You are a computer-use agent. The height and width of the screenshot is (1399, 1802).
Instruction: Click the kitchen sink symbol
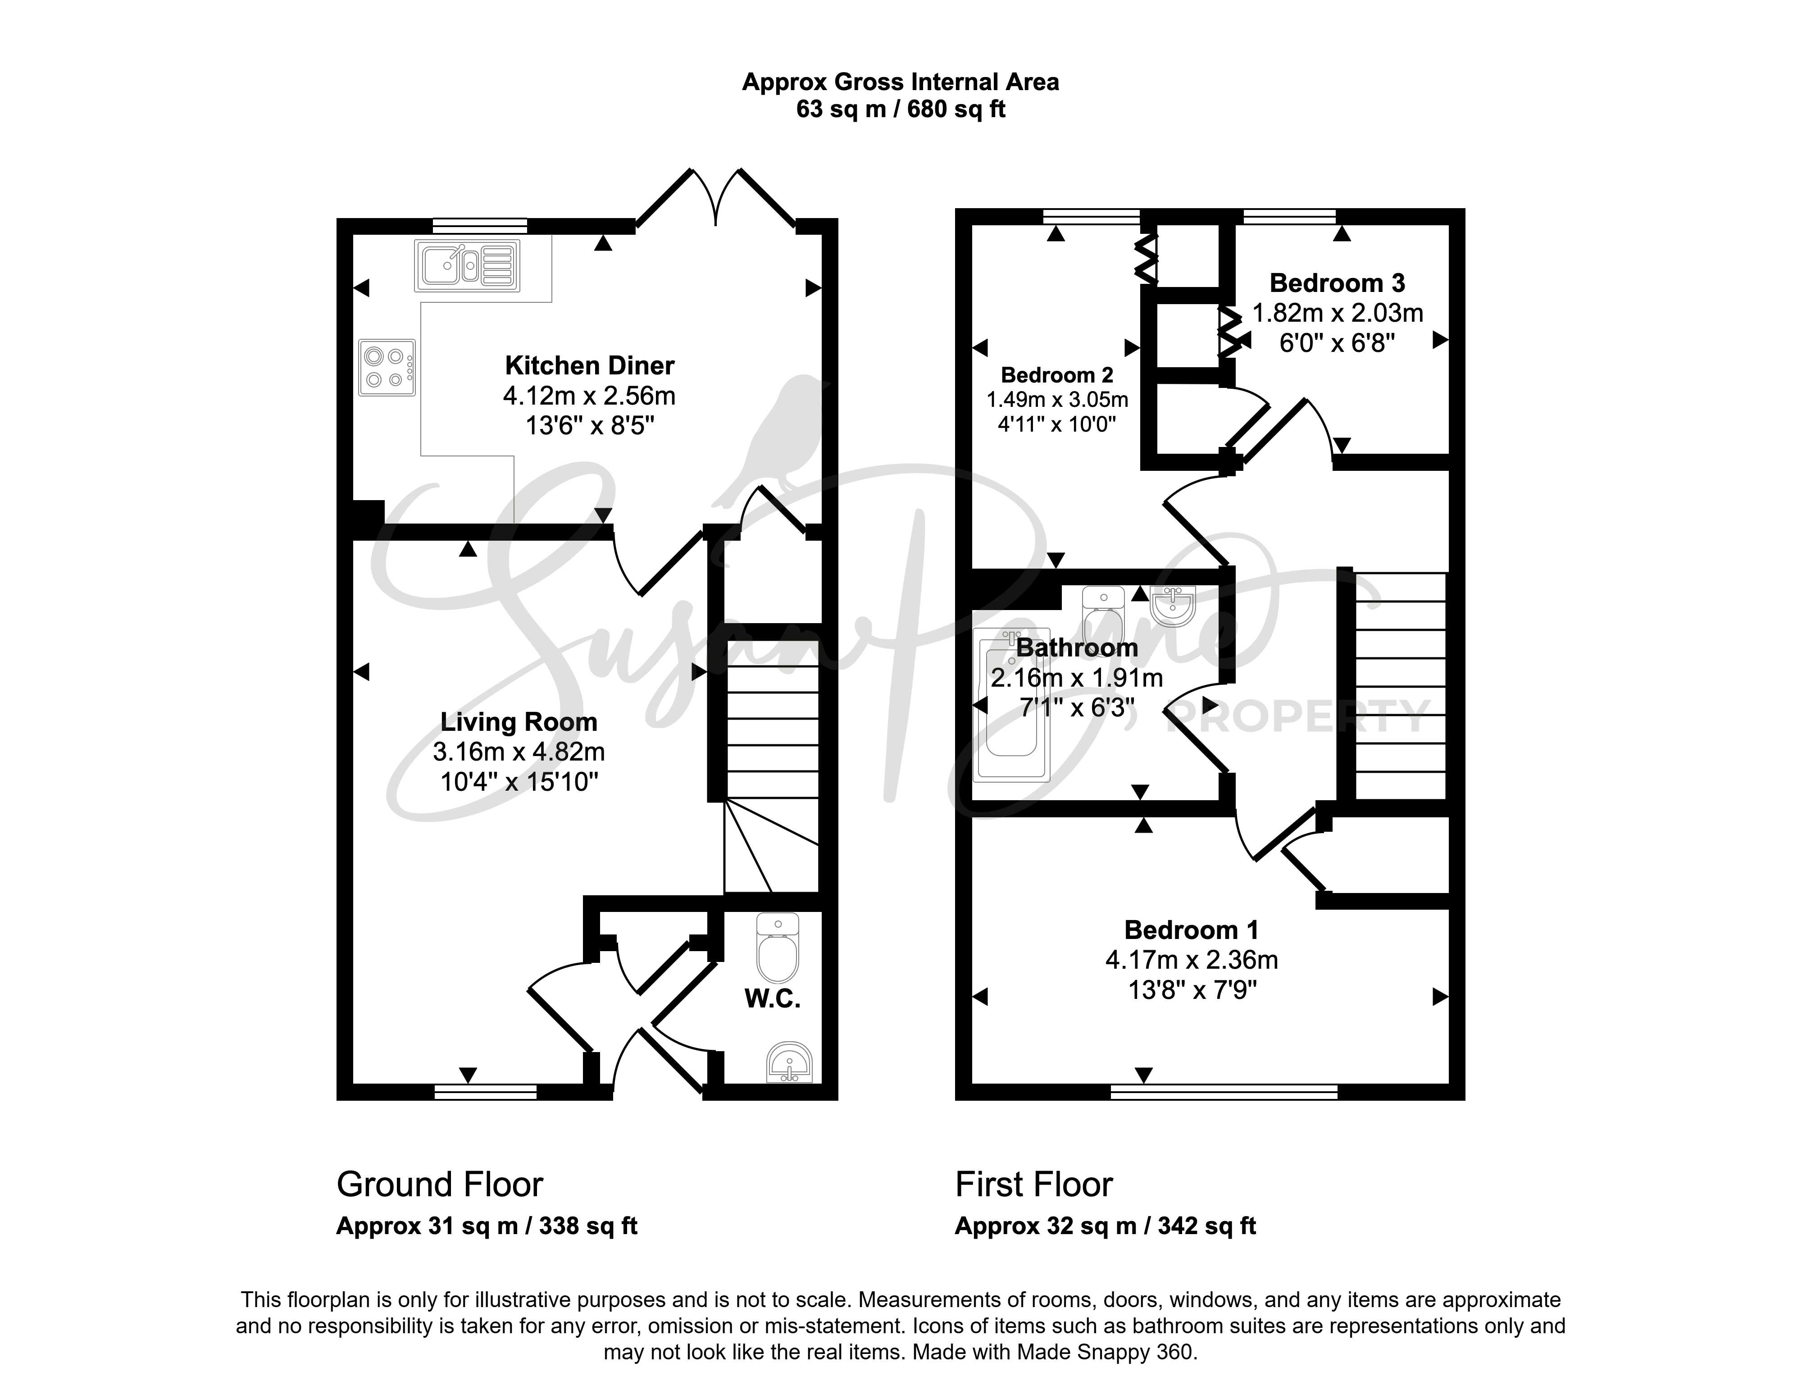click(x=468, y=265)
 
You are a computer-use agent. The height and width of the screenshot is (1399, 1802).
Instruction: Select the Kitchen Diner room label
click(x=589, y=366)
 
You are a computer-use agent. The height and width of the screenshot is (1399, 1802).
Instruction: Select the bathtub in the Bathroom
click(x=1011, y=706)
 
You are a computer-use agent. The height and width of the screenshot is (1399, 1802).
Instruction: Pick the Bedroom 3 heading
click(x=1338, y=283)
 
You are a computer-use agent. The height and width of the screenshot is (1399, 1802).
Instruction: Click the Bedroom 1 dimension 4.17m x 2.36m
click(x=1192, y=960)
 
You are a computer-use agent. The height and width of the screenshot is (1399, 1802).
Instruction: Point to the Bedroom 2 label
click(x=1057, y=375)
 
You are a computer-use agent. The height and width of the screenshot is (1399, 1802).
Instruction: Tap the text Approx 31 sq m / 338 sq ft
click(x=487, y=1226)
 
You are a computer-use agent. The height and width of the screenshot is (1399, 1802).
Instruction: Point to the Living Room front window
click(x=486, y=1093)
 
